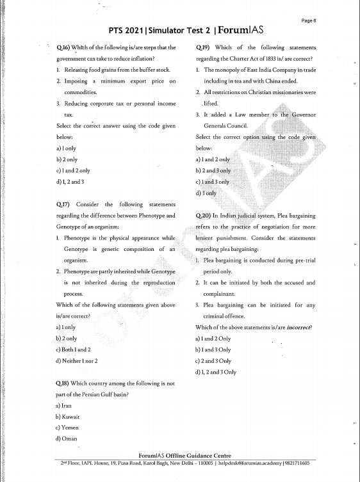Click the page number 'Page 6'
(308, 20)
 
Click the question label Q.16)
(63, 47)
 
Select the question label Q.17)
(63, 204)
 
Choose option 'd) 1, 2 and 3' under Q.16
(70, 182)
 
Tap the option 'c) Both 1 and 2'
(74, 349)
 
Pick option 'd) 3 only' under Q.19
(206, 193)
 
